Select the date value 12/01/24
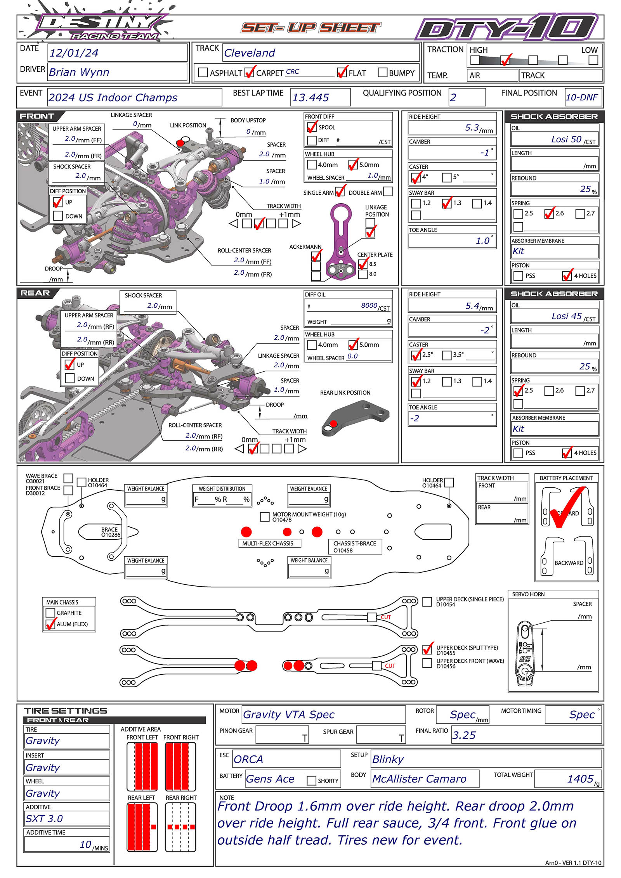click(x=74, y=53)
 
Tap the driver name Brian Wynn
click(x=79, y=72)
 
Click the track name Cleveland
click(x=250, y=53)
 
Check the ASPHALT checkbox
click(x=203, y=73)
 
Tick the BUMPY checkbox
click(x=382, y=73)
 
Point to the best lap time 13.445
click(x=310, y=97)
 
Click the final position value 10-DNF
click(x=581, y=97)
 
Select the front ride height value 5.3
click(x=472, y=128)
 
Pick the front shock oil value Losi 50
click(x=566, y=139)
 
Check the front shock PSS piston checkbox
click(x=518, y=276)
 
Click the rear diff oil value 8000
click(x=369, y=305)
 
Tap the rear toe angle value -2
click(x=415, y=418)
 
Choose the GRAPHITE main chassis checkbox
click(x=50, y=613)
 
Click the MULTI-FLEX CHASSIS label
click(x=268, y=543)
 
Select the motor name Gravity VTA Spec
click(x=288, y=714)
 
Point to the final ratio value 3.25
click(x=464, y=735)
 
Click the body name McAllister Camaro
click(x=419, y=779)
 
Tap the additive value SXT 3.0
click(x=44, y=819)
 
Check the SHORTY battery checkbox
click(x=311, y=780)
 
